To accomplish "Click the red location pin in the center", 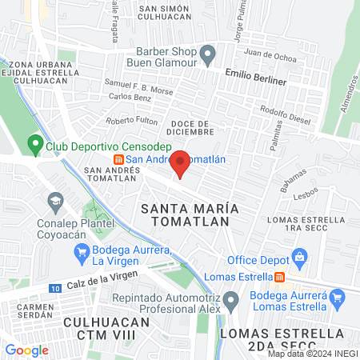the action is click(181, 162).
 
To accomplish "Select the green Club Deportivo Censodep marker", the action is click(35, 146).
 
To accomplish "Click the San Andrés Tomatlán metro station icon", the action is click(119, 158).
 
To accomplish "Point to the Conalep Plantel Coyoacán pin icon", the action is click(55, 199).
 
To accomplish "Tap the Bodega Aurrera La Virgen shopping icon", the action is click(81, 254).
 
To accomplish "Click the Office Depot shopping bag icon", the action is click(299, 258).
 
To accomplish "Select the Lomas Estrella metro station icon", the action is click(280, 278).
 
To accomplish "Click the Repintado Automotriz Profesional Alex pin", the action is click(231, 301).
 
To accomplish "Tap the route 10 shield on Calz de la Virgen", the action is click(54, 287).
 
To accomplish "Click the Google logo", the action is click(26, 350).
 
